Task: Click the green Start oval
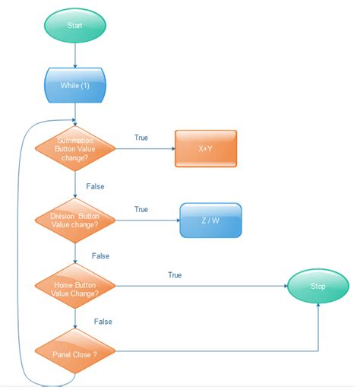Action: pyautogui.click(x=75, y=24)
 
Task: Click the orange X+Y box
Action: pyautogui.click(x=206, y=148)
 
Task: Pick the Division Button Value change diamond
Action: pyautogui.click(x=75, y=220)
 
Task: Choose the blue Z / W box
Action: pyautogui.click(x=210, y=220)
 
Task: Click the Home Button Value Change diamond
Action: pyautogui.click(x=75, y=287)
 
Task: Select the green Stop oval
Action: pyautogui.click(x=317, y=287)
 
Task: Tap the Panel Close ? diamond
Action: pyautogui.click(x=75, y=353)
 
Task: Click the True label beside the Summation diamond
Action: pyautogui.click(x=141, y=138)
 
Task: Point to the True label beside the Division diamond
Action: pyautogui.click(x=141, y=209)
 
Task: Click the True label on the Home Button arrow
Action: pyautogui.click(x=175, y=274)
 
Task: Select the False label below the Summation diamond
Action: pyautogui.click(x=95, y=186)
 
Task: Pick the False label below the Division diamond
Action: pyautogui.click(x=100, y=256)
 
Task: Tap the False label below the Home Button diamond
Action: pyautogui.click(x=103, y=322)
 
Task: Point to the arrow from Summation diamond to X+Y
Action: pyautogui.click(x=144, y=148)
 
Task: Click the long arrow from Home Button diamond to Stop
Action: pyautogui.click(x=201, y=287)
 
